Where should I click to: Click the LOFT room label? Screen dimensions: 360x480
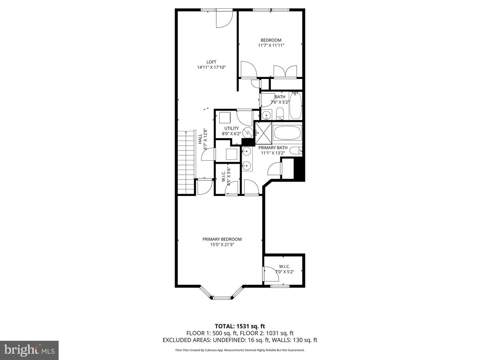click(211, 62)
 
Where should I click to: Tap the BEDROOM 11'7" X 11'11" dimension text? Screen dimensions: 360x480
click(271, 45)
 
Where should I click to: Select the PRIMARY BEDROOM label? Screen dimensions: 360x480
click(222, 239)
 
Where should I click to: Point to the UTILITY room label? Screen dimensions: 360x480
click(231, 128)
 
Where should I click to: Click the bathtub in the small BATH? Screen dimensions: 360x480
click(295, 106)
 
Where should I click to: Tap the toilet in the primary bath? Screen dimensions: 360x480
click(296, 151)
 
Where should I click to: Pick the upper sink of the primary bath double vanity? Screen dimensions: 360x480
click(246, 152)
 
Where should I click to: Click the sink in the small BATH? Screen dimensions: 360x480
click(266, 115)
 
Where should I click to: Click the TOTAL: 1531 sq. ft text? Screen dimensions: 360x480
click(240, 326)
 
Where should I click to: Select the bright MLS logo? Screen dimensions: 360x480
click(29, 350)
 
